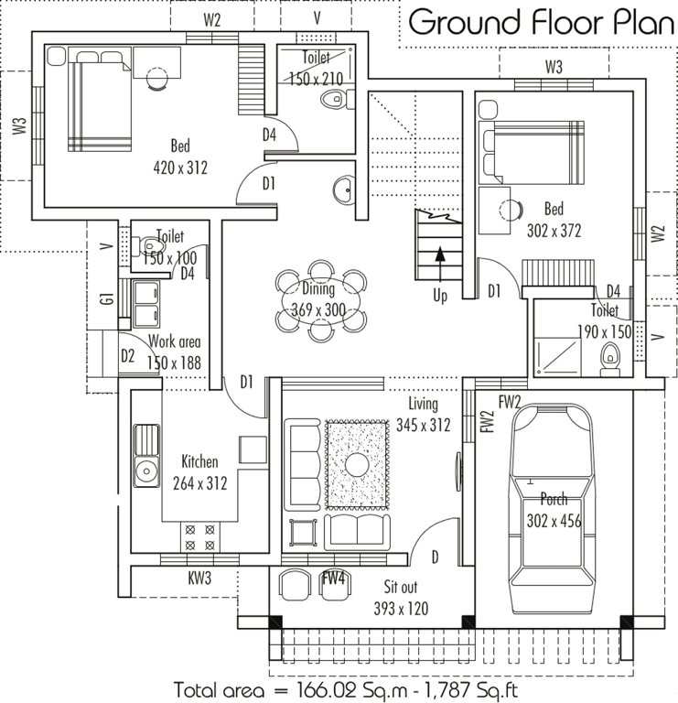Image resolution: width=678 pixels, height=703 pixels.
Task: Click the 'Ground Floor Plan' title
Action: pyautogui.click(x=541, y=22)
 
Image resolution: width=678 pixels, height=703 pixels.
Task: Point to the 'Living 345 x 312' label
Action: pyautogui.click(x=422, y=414)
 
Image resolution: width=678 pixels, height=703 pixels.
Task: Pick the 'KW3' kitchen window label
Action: pyautogui.click(x=200, y=578)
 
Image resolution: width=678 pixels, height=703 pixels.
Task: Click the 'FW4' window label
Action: pyautogui.click(x=333, y=578)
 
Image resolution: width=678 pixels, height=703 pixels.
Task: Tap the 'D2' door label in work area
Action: pyautogui.click(x=128, y=355)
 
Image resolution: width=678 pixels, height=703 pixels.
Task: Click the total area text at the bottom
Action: pyautogui.click(x=350, y=687)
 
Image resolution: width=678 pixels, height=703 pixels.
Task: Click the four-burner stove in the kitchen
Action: pyautogui.click(x=200, y=535)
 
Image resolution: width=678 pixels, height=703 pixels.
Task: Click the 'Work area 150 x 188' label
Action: pyautogui.click(x=174, y=351)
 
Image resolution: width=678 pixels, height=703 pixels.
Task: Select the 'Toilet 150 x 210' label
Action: pyautogui.click(x=315, y=69)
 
